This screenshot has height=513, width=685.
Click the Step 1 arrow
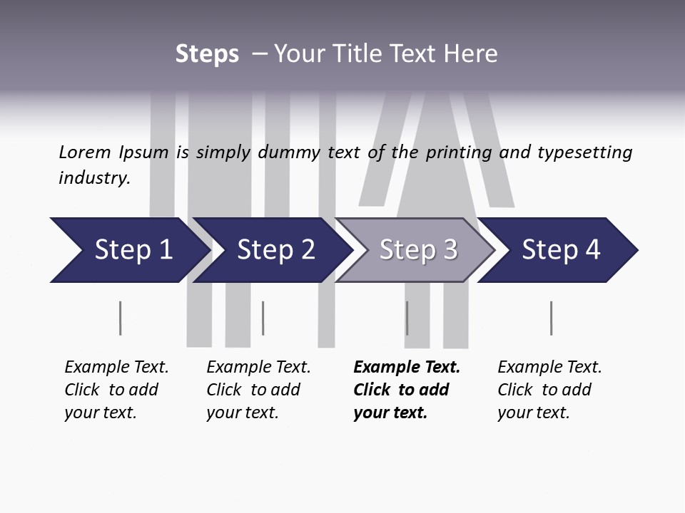(x=132, y=250)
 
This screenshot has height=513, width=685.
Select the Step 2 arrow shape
(x=275, y=250)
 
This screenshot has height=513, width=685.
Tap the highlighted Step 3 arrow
(x=417, y=250)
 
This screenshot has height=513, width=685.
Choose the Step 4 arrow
(x=560, y=250)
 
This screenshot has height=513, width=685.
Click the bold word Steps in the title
(x=207, y=53)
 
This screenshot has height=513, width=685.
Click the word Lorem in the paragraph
(x=84, y=152)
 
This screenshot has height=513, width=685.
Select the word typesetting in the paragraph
(x=584, y=152)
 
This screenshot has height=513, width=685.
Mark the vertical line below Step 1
(x=120, y=318)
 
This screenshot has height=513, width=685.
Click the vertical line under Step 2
(x=263, y=318)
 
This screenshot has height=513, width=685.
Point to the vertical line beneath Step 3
(x=407, y=318)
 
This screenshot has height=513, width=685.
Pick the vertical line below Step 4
(x=551, y=318)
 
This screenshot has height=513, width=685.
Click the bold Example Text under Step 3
(x=407, y=367)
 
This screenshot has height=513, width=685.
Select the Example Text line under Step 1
(x=116, y=367)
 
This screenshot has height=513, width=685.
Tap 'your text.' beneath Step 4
(x=534, y=413)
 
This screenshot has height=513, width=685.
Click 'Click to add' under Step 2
(x=253, y=390)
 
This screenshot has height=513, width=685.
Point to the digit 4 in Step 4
(x=592, y=250)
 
